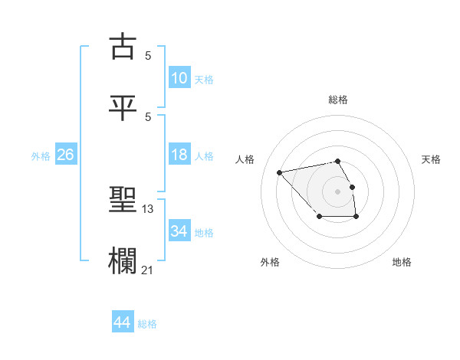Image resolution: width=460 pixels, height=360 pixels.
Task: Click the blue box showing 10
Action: [179, 77]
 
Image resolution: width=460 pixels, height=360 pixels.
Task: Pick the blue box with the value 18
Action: [179, 155]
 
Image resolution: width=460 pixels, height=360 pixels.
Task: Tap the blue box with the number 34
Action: [179, 231]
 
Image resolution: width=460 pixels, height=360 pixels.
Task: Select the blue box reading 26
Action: [66, 155]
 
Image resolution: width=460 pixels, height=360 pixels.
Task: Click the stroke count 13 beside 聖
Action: [149, 208]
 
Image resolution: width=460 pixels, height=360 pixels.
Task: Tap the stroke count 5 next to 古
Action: [148, 56]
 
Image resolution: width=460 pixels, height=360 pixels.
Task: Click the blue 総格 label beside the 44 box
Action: [147, 324]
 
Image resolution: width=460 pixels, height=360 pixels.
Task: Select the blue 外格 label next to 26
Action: [41, 156]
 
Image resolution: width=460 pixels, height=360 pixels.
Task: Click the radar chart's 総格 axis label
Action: [338, 100]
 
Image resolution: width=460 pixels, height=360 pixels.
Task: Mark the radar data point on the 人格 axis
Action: [280, 172]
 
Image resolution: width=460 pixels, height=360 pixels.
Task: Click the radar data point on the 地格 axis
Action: [356, 217]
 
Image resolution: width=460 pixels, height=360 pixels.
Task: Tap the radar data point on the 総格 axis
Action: [338, 161]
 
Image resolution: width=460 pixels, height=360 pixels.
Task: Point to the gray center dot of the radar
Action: [338, 191]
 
